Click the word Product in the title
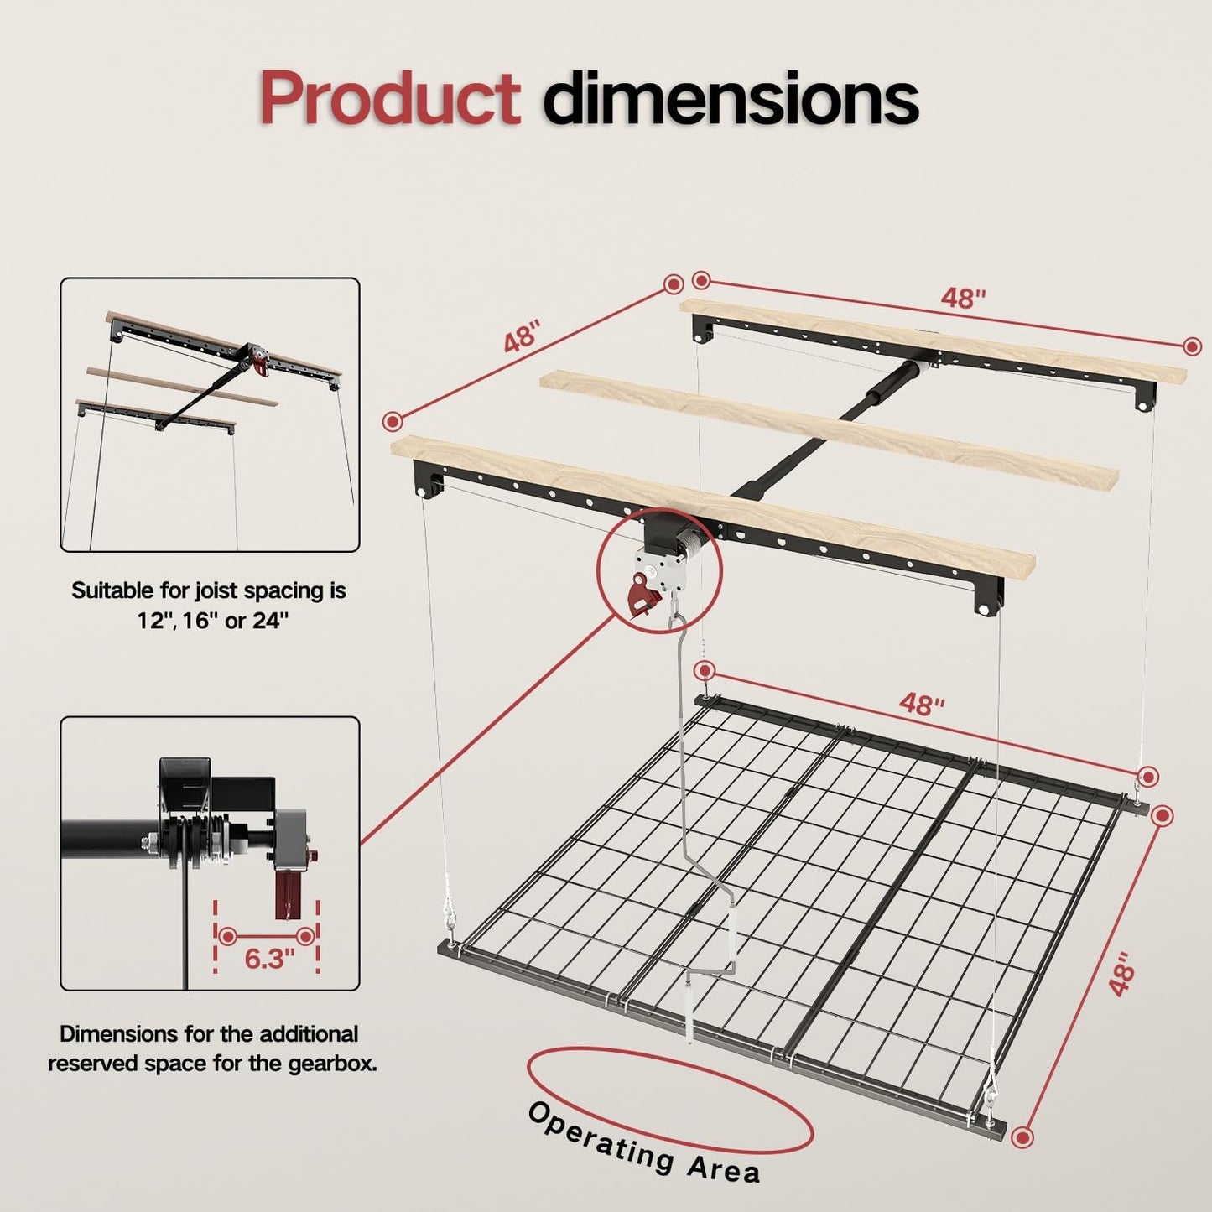[x=390, y=99]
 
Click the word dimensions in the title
[x=731, y=99]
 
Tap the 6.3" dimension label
[x=269, y=958]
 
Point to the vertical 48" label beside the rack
[x=1122, y=974]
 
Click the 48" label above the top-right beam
[x=963, y=298]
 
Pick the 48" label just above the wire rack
[x=922, y=705]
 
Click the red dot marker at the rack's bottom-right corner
[x=1022, y=1137]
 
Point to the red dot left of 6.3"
[x=227, y=936]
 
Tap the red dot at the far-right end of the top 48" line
[x=1192, y=346]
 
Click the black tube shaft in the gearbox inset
[x=109, y=840]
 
